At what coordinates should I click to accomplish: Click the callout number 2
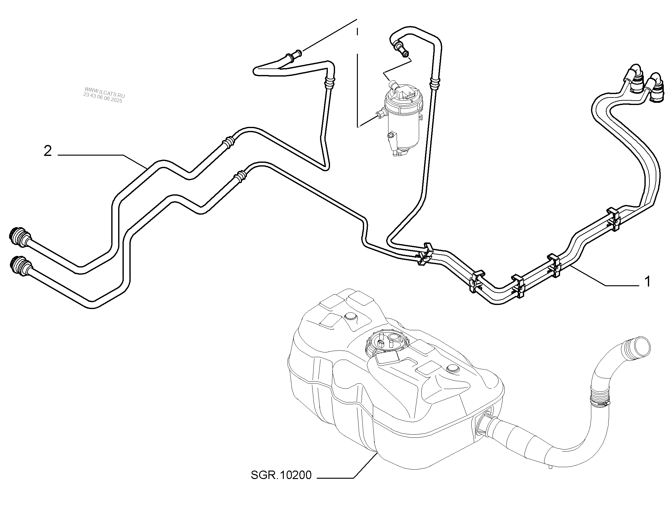pyautogui.click(x=48, y=152)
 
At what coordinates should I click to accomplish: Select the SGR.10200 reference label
pyautogui.click(x=281, y=484)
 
